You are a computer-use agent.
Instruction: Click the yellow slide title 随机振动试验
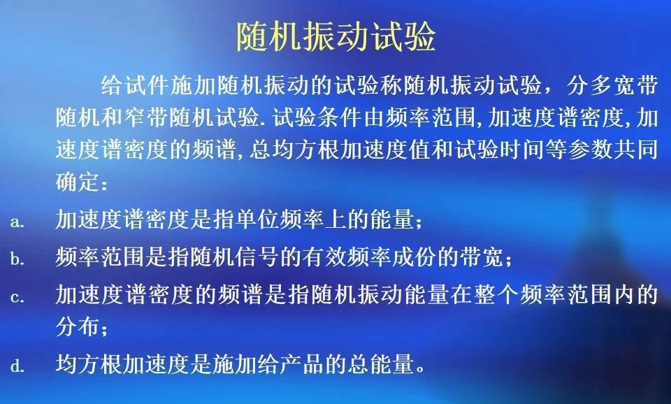coord(336,36)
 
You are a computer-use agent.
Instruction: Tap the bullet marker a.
coord(17,222)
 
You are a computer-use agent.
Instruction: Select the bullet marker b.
coord(17,259)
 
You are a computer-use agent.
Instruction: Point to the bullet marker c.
coord(17,297)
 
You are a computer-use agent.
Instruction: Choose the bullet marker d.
coord(17,366)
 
